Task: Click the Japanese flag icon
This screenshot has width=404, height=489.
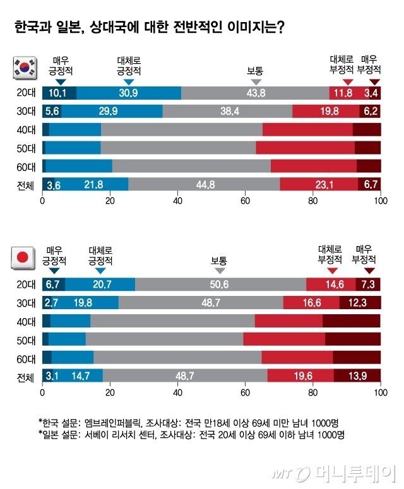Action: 23,258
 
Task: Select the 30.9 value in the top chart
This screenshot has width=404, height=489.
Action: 129,93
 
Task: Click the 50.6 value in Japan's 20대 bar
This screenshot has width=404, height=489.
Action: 219,285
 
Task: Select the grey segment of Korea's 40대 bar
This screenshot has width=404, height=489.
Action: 181,130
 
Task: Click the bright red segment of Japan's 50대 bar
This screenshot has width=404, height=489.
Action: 284,339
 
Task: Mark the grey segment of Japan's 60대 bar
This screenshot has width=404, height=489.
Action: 177,357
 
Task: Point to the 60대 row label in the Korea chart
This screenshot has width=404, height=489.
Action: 27,166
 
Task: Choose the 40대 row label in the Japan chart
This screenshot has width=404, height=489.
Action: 27,321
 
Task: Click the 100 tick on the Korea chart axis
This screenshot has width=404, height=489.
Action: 380,202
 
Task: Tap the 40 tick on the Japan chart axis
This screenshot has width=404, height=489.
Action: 177,393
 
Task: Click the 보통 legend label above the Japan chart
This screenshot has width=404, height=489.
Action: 219,261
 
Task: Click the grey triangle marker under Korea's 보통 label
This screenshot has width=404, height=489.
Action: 256,82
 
